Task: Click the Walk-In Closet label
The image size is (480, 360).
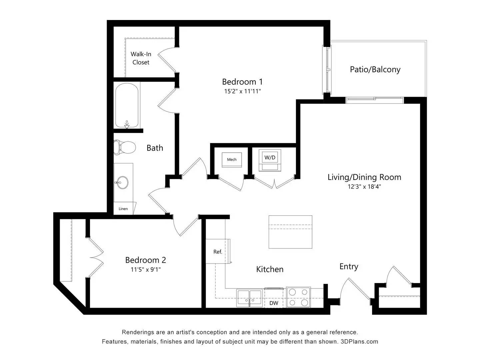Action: point(141,58)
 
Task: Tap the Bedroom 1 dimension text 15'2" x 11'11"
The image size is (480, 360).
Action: point(242,91)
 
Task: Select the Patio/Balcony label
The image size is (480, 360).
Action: point(375,69)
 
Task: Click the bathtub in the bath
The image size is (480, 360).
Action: point(127,105)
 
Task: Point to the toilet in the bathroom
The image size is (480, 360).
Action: point(124,147)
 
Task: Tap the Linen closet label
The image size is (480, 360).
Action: point(123,209)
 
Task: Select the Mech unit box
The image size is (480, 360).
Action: point(232,160)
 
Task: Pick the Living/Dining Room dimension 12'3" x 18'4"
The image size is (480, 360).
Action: point(364,187)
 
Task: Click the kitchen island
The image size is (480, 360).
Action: point(290,232)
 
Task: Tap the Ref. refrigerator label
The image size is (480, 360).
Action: point(218,252)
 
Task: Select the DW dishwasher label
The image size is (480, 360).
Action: point(274,303)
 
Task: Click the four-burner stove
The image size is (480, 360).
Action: point(298,297)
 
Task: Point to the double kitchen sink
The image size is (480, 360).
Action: point(250,297)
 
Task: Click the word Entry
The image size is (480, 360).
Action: point(349,266)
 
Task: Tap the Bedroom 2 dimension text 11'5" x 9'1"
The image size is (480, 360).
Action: point(146,269)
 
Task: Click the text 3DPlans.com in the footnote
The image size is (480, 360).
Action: point(359,341)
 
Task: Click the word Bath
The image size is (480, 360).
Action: point(155,148)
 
